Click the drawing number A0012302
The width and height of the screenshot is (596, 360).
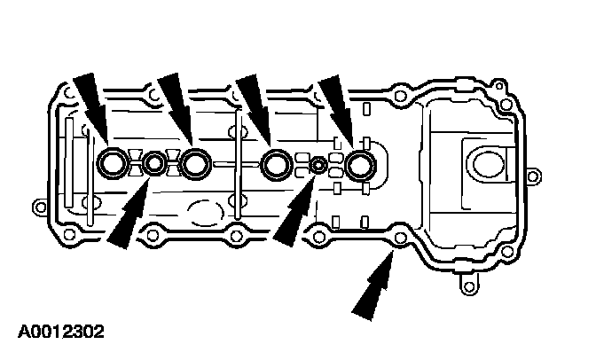click(x=61, y=333)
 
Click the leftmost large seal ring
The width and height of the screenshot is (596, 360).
click(x=113, y=162)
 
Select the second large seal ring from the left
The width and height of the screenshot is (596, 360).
click(x=195, y=162)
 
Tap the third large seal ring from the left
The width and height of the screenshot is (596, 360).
click(x=277, y=162)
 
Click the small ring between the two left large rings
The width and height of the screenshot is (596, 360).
click(x=155, y=163)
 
